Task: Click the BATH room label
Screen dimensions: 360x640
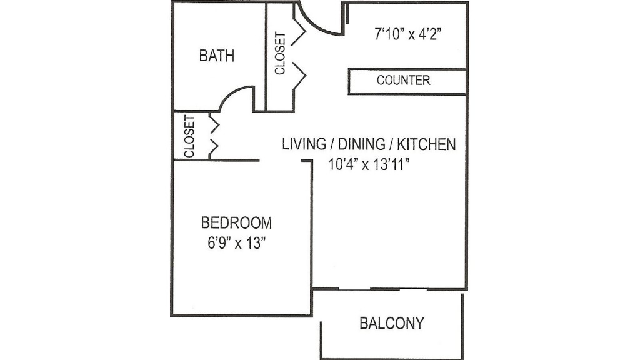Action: [x=217, y=56]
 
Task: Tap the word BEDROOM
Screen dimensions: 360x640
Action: [x=236, y=222]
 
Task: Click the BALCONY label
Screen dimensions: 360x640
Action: [x=392, y=323]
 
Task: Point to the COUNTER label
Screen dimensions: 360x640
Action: [x=403, y=81]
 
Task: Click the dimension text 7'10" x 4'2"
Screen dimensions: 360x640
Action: [x=408, y=34]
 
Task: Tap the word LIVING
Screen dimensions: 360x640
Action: [x=304, y=144]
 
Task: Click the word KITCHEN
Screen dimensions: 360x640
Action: [x=427, y=144]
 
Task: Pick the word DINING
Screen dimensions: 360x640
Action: [x=362, y=144]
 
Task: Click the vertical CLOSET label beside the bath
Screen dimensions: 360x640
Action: [x=280, y=54]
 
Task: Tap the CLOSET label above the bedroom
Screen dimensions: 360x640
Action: [x=189, y=135]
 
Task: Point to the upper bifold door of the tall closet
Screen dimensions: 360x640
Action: [x=299, y=31]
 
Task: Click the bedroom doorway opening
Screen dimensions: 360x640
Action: [x=280, y=161]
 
